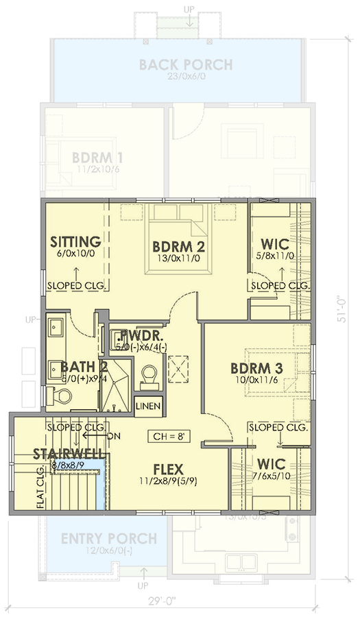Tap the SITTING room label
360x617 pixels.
(76, 242)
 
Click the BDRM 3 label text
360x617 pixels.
(257, 367)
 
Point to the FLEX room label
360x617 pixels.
(167, 469)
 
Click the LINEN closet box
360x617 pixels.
(148, 407)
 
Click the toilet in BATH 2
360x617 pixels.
(62, 396)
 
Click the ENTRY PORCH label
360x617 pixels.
(108, 538)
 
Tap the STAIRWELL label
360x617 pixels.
(68, 455)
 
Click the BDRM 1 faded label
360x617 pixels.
(97, 157)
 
